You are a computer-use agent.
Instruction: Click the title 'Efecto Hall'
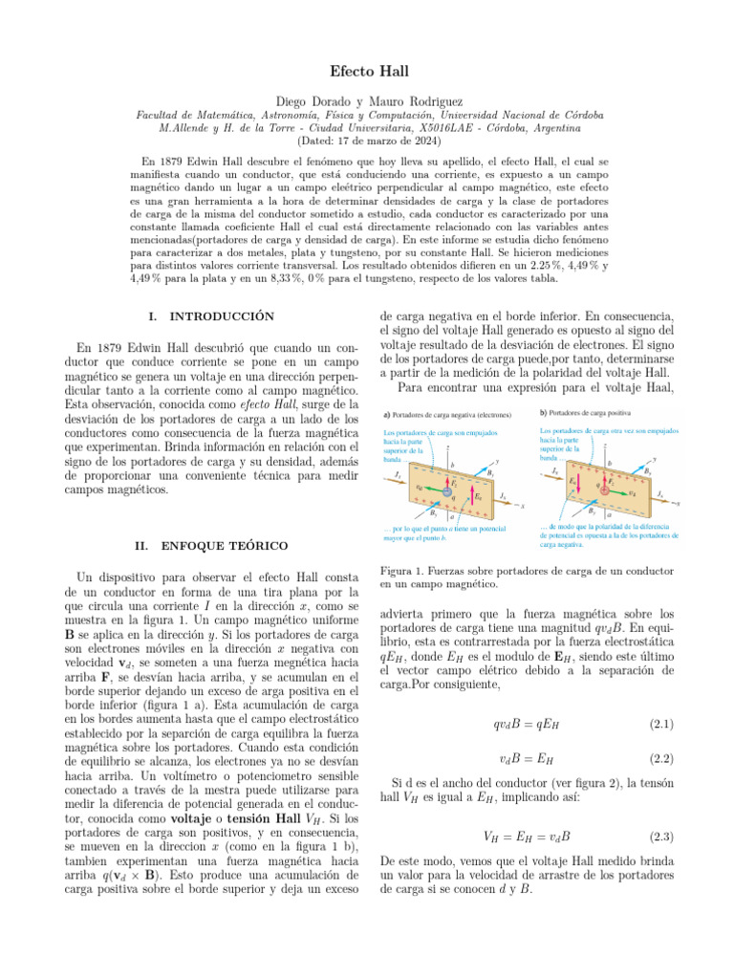tap(367, 72)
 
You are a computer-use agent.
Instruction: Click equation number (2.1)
tap(659, 726)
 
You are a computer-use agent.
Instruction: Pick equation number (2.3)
tap(659, 837)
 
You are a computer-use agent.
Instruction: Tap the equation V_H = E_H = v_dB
tap(526, 837)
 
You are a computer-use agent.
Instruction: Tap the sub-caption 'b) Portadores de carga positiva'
tap(588, 413)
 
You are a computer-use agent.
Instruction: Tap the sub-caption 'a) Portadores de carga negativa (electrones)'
tap(446, 414)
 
